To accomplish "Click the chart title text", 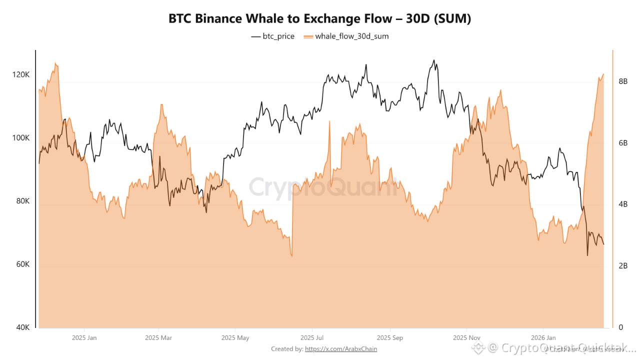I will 320,19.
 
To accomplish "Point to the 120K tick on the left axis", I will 20,74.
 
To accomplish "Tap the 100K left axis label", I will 20,138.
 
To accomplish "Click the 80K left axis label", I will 22,201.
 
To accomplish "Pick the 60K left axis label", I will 22,264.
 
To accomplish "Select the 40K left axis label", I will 22,327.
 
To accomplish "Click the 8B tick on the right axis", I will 623,81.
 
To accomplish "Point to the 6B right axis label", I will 623,143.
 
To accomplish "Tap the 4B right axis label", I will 623,204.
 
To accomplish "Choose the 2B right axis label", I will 623,266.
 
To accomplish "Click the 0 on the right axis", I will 620,327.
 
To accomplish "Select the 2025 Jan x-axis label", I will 84,338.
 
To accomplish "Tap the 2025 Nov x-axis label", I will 466,338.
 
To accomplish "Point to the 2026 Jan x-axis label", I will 543,338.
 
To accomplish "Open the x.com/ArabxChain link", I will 341,349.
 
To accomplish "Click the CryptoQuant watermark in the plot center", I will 322,187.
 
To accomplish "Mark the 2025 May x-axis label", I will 235,338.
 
